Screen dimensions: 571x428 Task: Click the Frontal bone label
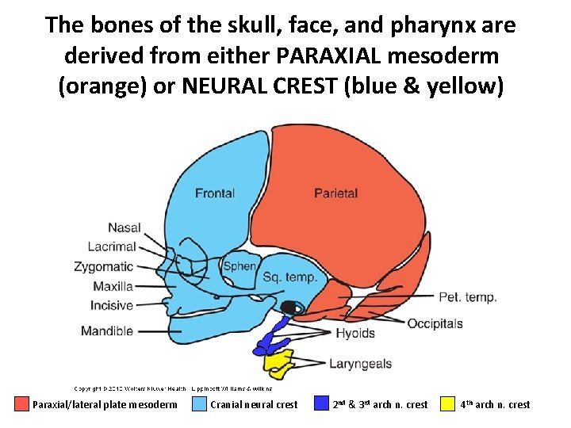214,193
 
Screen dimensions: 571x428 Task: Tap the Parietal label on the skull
335,193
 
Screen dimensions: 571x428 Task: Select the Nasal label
125,228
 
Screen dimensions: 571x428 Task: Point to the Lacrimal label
112,247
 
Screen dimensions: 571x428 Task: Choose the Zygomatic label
104,267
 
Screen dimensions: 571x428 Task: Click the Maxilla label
113,286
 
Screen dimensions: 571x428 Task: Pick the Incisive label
112,305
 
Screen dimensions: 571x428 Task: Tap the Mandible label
107,331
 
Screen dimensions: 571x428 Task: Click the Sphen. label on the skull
240,266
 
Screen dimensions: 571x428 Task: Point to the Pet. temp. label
468,297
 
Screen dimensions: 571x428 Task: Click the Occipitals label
435,323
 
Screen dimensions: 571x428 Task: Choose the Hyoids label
354,333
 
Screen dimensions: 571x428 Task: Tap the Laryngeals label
360,365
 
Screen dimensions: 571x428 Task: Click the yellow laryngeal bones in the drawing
278,364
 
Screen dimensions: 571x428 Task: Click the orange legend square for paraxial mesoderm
21,404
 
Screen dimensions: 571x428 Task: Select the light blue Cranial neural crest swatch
199,404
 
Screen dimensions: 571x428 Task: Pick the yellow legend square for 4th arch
450,404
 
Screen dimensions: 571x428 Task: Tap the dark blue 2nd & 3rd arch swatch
321,404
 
